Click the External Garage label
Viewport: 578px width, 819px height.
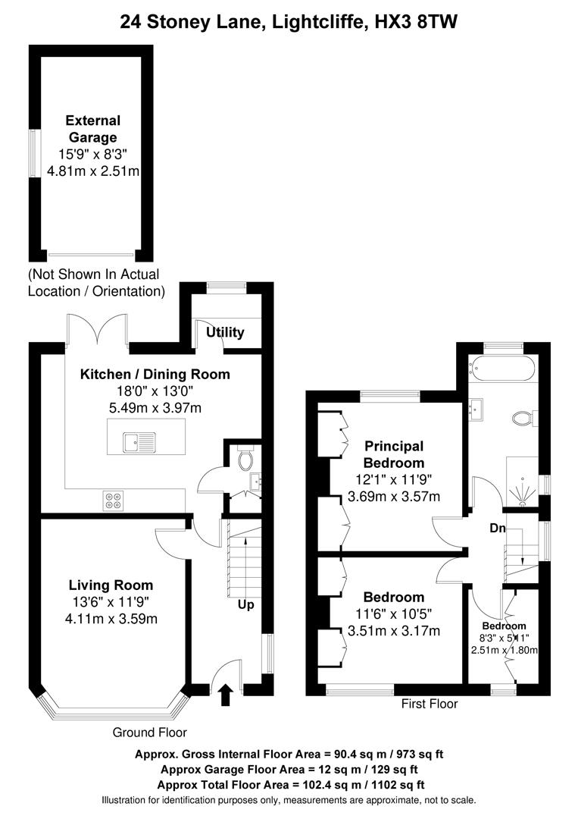pyautogui.click(x=92, y=129)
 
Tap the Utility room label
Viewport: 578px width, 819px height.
pyautogui.click(x=226, y=332)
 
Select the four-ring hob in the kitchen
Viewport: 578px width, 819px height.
pyautogui.click(x=114, y=500)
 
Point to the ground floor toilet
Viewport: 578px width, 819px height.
pyautogui.click(x=245, y=459)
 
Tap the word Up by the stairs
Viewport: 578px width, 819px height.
pyautogui.click(x=245, y=605)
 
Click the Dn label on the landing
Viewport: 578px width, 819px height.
pyautogui.click(x=497, y=529)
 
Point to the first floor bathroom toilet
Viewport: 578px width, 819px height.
pyautogui.click(x=523, y=417)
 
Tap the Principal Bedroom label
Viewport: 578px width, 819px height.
pyautogui.click(x=393, y=454)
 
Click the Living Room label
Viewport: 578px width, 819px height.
pyautogui.click(x=111, y=585)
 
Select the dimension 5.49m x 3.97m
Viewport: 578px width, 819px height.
pyautogui.click(x=155, y=408)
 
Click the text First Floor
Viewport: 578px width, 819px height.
pyautogui.click(x=430, y=704)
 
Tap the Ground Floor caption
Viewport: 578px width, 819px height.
pyautogui.click(x=149, y=732)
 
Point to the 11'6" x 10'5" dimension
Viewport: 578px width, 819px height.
pyautogui.click(x=393, y=613)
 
